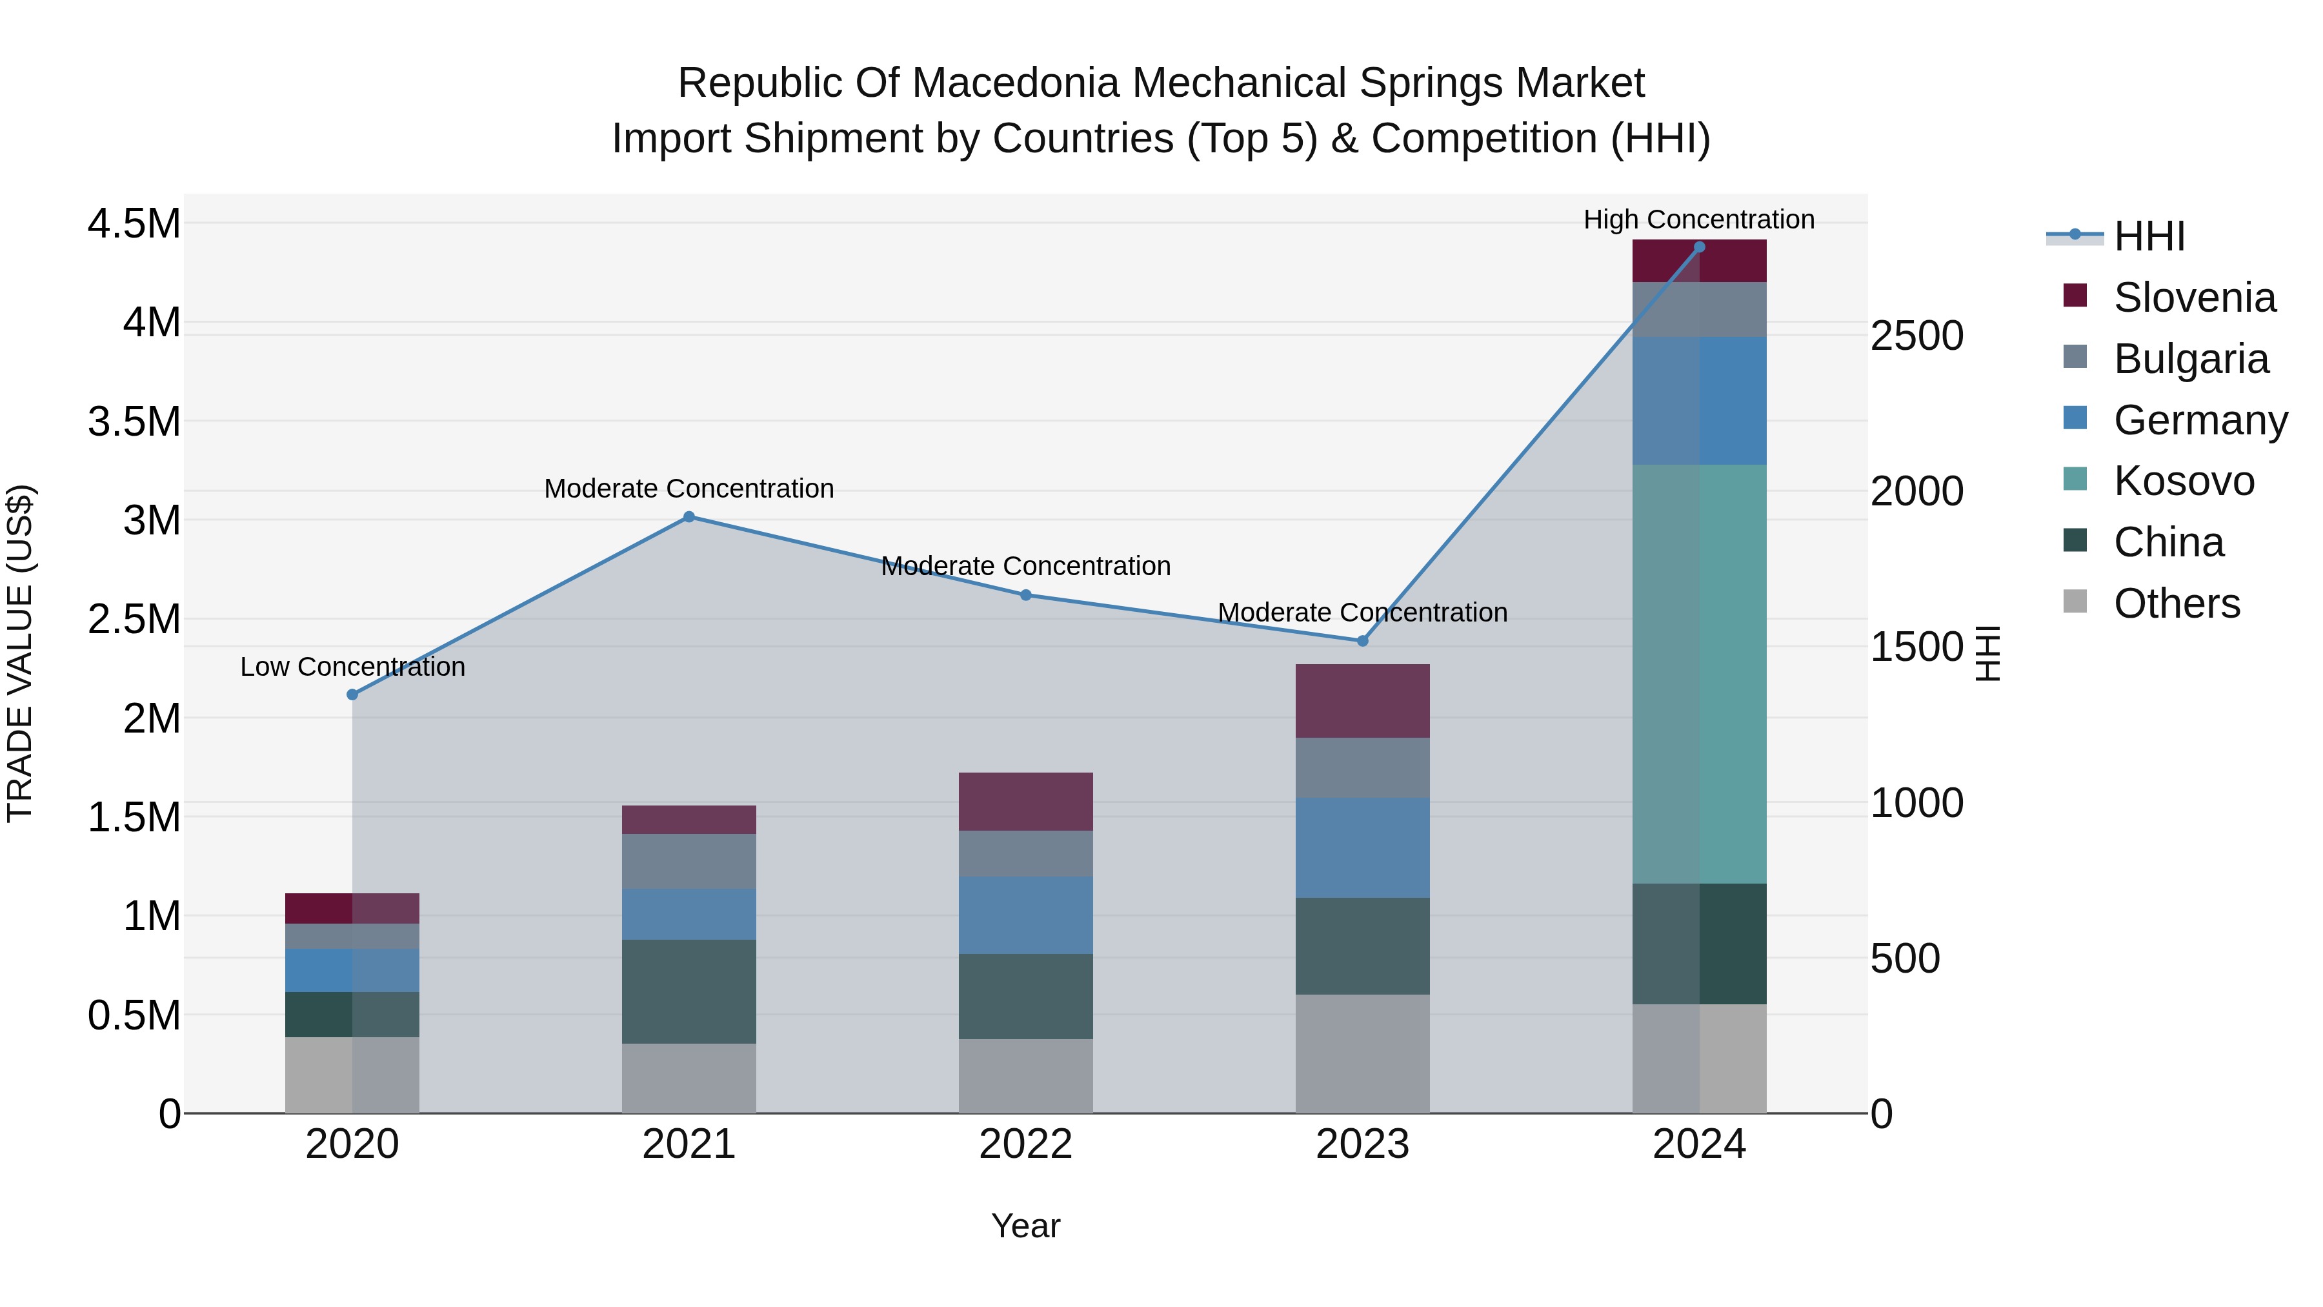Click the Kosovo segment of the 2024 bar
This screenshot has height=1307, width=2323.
(1699, 674)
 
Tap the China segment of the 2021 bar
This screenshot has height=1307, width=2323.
(689, 991)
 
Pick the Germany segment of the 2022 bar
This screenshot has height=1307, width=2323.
(1025, 915)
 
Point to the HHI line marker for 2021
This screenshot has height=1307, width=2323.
(689, 517)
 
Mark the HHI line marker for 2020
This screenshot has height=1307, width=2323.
(352, 694)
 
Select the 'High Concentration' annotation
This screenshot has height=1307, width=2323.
(1699, 219)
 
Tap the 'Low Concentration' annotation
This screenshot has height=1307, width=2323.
(352, 667)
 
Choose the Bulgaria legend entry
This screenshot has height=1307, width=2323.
(2191, 359)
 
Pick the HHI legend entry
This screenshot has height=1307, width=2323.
(2149, 236)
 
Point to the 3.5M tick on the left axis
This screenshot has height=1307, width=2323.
(134, 421)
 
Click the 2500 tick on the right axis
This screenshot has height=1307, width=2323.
(1916, 336)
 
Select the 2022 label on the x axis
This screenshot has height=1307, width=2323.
(1025, 1144)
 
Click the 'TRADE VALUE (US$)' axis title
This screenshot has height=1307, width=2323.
(21, 653)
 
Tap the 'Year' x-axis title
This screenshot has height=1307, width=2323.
(1025, 1226)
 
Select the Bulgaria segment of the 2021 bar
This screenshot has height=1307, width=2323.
(689, 862)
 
